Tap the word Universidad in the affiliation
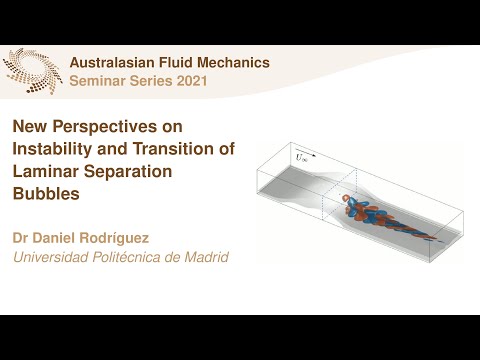pos(51,258)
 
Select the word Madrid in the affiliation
pos(207,258)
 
